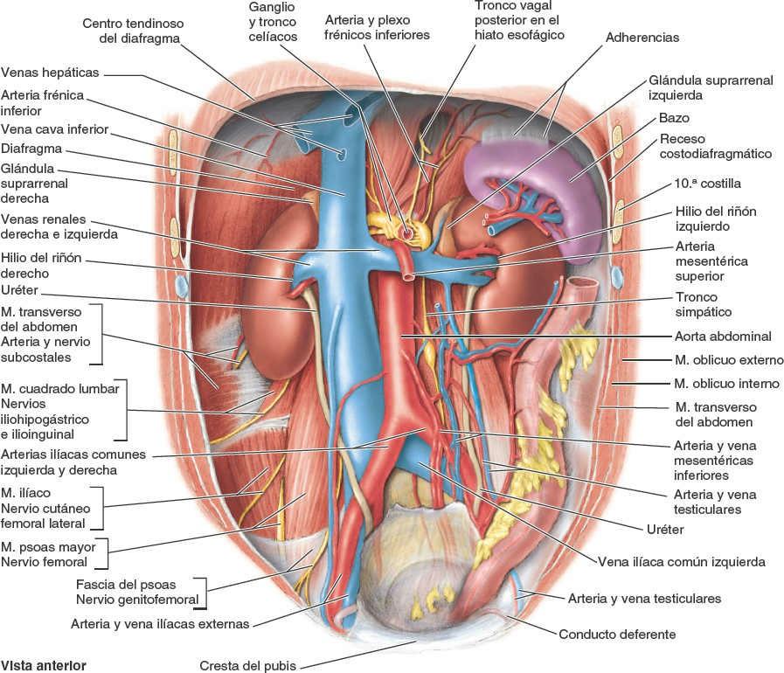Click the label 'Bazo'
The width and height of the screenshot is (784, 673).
point(675,118)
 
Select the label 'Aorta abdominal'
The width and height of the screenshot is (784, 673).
point(722,336)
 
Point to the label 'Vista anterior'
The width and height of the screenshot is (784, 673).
point(44,664)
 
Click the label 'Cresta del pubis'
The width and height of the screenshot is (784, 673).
point(248,665)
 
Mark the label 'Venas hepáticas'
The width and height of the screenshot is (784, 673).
point(51,72)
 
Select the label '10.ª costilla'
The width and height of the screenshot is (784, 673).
point(707,184)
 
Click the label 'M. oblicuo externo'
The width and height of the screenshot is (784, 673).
point(726,359)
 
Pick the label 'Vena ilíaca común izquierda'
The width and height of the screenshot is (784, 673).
point(682,562)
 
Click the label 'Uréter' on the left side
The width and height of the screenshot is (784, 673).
point(20,289)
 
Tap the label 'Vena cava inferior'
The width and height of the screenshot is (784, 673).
point(55,129)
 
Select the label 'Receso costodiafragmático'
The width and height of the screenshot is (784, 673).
point(716,146)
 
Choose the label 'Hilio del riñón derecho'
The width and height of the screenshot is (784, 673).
point(43,267)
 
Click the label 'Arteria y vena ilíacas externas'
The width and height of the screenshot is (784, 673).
point(161,624)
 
